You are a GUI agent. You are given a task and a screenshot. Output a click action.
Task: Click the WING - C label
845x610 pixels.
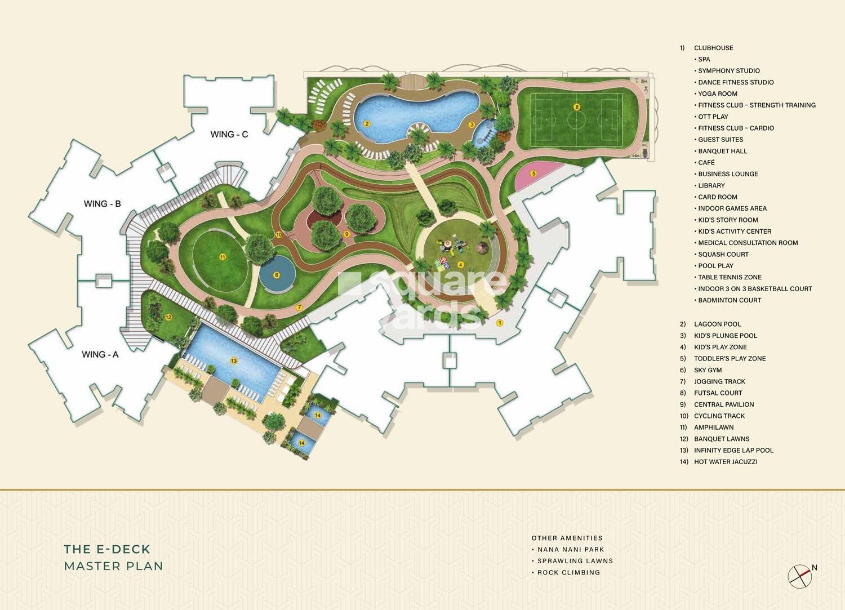229,134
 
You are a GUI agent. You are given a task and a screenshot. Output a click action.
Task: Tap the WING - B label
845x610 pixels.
102,203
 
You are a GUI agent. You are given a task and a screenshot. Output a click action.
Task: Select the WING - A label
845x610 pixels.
100,354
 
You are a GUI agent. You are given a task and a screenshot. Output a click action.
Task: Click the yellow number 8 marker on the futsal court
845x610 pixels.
576,106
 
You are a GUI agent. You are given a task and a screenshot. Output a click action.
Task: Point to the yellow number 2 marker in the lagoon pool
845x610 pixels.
367,124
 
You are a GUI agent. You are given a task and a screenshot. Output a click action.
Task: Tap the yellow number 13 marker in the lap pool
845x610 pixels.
233,360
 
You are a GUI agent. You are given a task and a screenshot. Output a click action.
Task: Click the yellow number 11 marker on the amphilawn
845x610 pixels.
223,257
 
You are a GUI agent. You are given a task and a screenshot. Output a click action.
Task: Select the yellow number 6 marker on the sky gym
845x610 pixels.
276,275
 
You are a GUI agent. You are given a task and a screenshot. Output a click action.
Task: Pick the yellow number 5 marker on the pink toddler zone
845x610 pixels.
533,173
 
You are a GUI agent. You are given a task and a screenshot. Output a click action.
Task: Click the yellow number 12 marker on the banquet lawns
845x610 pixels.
168,318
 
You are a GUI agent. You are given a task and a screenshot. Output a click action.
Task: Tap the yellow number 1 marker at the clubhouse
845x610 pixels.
499,323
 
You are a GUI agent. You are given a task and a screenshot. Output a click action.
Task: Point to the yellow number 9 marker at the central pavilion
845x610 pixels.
346,233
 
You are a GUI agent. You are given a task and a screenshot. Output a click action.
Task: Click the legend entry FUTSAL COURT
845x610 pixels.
718,393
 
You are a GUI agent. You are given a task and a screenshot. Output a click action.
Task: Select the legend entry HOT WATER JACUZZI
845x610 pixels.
725,462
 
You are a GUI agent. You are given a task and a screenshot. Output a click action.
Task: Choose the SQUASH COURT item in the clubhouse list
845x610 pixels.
723,254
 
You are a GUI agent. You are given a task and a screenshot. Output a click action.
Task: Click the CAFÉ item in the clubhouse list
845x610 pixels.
706,162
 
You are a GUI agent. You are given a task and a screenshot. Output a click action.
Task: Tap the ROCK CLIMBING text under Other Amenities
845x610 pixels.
568,572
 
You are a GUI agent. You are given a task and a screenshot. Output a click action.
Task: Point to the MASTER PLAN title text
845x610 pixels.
113,566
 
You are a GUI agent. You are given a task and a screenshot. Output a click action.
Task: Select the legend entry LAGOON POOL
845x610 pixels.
717,324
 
